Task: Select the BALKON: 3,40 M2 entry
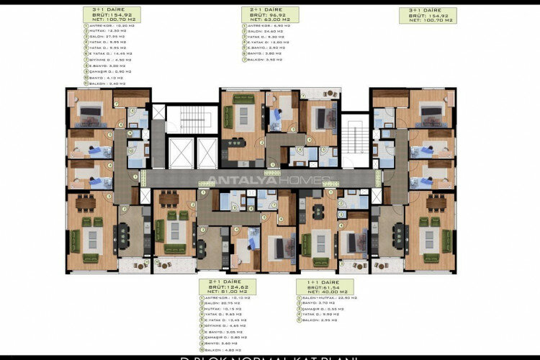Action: pyautogui.click(x=107, y=84)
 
